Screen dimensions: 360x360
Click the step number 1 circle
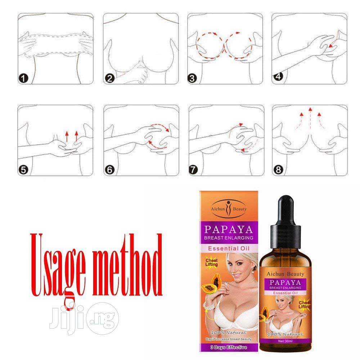click(23, 78)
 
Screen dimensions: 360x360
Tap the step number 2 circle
click(109, 78)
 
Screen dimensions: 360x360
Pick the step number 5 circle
click(23, 170)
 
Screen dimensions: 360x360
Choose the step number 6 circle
click(109, 170)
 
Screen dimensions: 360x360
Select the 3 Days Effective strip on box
click(229, 347)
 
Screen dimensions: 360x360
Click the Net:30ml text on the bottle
click(285, 340)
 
